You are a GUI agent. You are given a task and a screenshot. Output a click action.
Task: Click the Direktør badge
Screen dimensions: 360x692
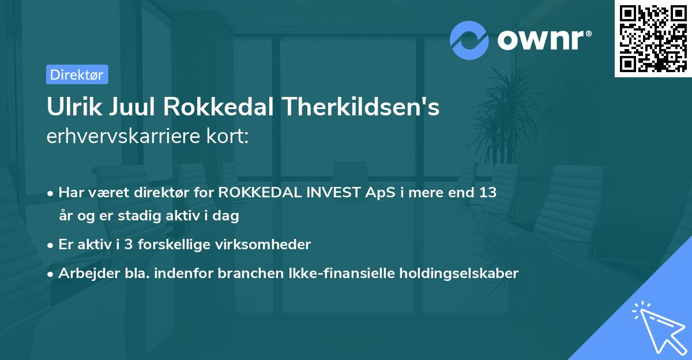click(77, 74)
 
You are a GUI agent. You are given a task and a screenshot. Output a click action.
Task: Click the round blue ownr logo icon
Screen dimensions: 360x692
click(468, 40)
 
